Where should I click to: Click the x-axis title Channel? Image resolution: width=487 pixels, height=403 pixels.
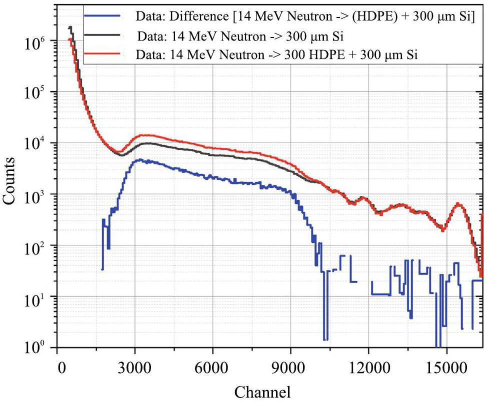coord(262,390)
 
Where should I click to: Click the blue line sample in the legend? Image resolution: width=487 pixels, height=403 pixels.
coord(103,16)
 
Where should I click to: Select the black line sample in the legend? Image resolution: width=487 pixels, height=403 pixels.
coord(103,35)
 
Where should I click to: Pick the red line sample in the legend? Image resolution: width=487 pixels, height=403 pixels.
coord(103,54)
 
